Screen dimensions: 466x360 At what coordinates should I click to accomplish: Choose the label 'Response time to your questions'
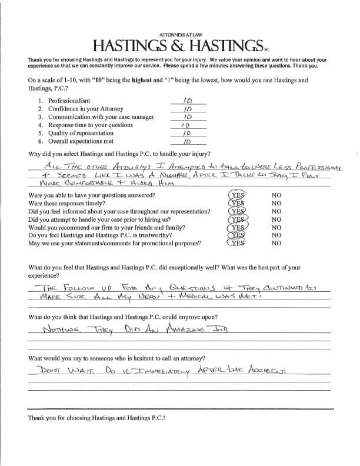coord(90,125)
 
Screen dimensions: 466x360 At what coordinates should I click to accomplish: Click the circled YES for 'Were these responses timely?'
coord(238,203)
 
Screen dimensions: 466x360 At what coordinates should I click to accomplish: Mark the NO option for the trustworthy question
coord(276,235)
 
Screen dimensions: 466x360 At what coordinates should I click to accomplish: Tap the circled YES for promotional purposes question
coord(238,242)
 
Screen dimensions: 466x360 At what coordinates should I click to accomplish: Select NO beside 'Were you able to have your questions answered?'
coord(276,195)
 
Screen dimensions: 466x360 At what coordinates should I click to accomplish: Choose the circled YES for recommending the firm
coord(238,227)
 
